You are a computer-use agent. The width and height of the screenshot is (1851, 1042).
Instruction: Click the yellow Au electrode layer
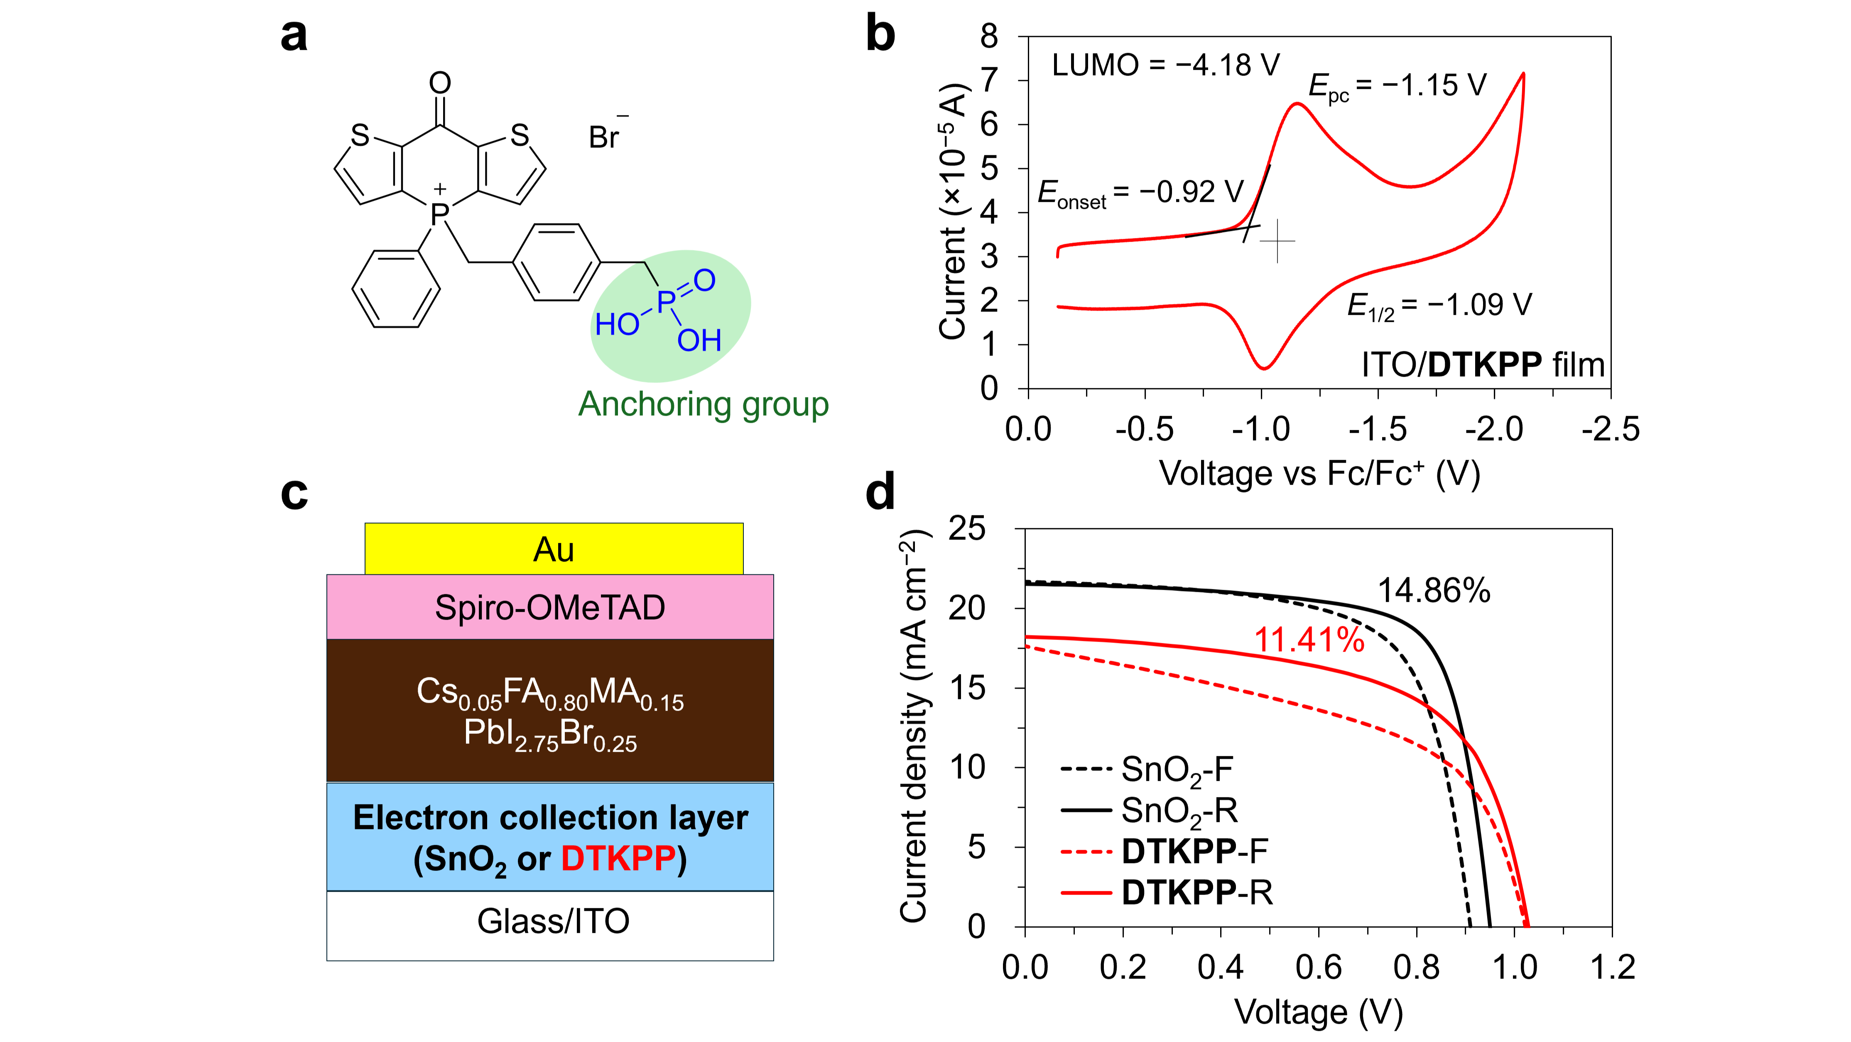coord(553,549)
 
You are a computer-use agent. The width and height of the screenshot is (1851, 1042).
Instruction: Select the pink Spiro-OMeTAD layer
coord(550,607)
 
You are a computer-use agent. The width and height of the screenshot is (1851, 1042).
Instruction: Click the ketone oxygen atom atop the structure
coord(440,83)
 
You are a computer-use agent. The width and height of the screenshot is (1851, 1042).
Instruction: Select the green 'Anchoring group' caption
coord(703,404)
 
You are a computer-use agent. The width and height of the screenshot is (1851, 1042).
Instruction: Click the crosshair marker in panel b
coord(1277,241)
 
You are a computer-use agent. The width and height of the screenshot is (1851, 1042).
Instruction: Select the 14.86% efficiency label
coord(1434,591)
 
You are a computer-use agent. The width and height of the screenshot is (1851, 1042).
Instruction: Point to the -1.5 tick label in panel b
coord(1378,430)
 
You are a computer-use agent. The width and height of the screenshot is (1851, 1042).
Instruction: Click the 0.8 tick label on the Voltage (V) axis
coord(1416,967)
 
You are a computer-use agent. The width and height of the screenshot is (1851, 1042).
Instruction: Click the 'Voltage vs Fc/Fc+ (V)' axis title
coord(1319,473)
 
